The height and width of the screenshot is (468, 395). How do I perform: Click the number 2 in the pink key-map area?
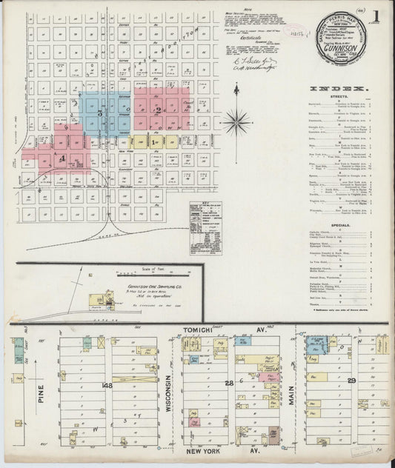157,110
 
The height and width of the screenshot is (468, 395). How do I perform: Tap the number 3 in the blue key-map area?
99,114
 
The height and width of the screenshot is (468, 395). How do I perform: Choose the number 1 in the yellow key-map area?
152,141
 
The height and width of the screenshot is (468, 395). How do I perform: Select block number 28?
230,382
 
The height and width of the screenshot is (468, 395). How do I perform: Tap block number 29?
352,381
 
